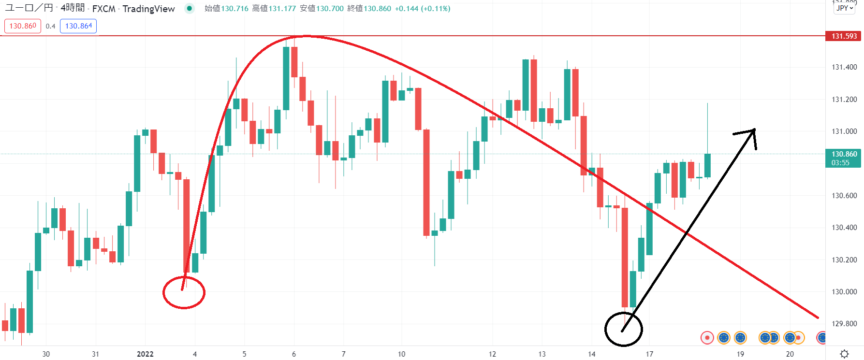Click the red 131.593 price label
[x=844, y=36]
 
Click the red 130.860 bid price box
[x=23, y=26]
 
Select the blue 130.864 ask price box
[x=78, y=26]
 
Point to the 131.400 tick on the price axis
[x=844, y=67]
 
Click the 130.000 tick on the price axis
[x=844, y=292]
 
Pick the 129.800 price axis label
[x=844, y=324]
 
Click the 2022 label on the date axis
[x=145, y=354]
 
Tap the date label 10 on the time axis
[x=401, y=354]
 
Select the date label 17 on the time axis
[x=649, y=354]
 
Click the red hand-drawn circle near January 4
[x=184, y=293]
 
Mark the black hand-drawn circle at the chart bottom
[x=624, y=330]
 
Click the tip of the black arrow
[x=755, y=130]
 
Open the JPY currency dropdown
[x=844, y=8]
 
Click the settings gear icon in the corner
[x=844, y=354]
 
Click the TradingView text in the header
[x=148, y=9]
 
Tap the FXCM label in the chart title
[x=103, y=9]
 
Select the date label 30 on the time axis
[x=46, y=354]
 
